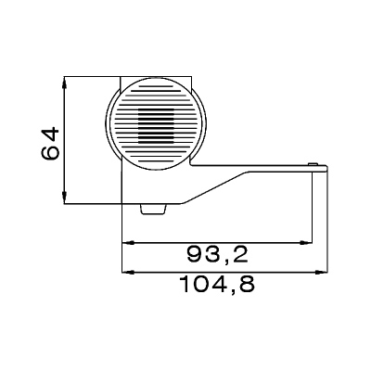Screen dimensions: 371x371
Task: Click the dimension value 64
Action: (50, 143)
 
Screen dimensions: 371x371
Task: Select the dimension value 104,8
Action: (218, 284)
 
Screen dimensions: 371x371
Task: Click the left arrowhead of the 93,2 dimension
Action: (127, 243)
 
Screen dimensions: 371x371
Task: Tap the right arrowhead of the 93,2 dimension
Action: (307, 243)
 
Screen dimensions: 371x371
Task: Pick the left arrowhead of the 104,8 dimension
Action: (127, 273)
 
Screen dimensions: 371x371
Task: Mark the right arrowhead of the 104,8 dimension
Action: (323, 273)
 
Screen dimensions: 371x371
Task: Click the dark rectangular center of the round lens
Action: (156, 126)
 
